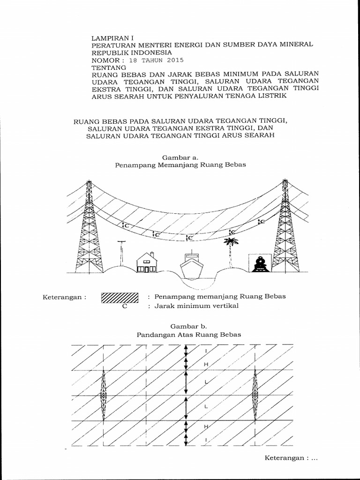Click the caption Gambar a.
click(180, 158)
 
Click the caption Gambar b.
click(188, 326)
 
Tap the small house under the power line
click(147, 263)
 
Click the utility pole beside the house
click(121, 253)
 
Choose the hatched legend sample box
click(120, 298)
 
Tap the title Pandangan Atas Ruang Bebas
click(188, 335)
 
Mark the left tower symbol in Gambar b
click(103, 396)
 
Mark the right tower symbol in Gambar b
click(255, 396)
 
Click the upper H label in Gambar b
click(205, 364)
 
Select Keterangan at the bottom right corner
click(285, 458)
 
